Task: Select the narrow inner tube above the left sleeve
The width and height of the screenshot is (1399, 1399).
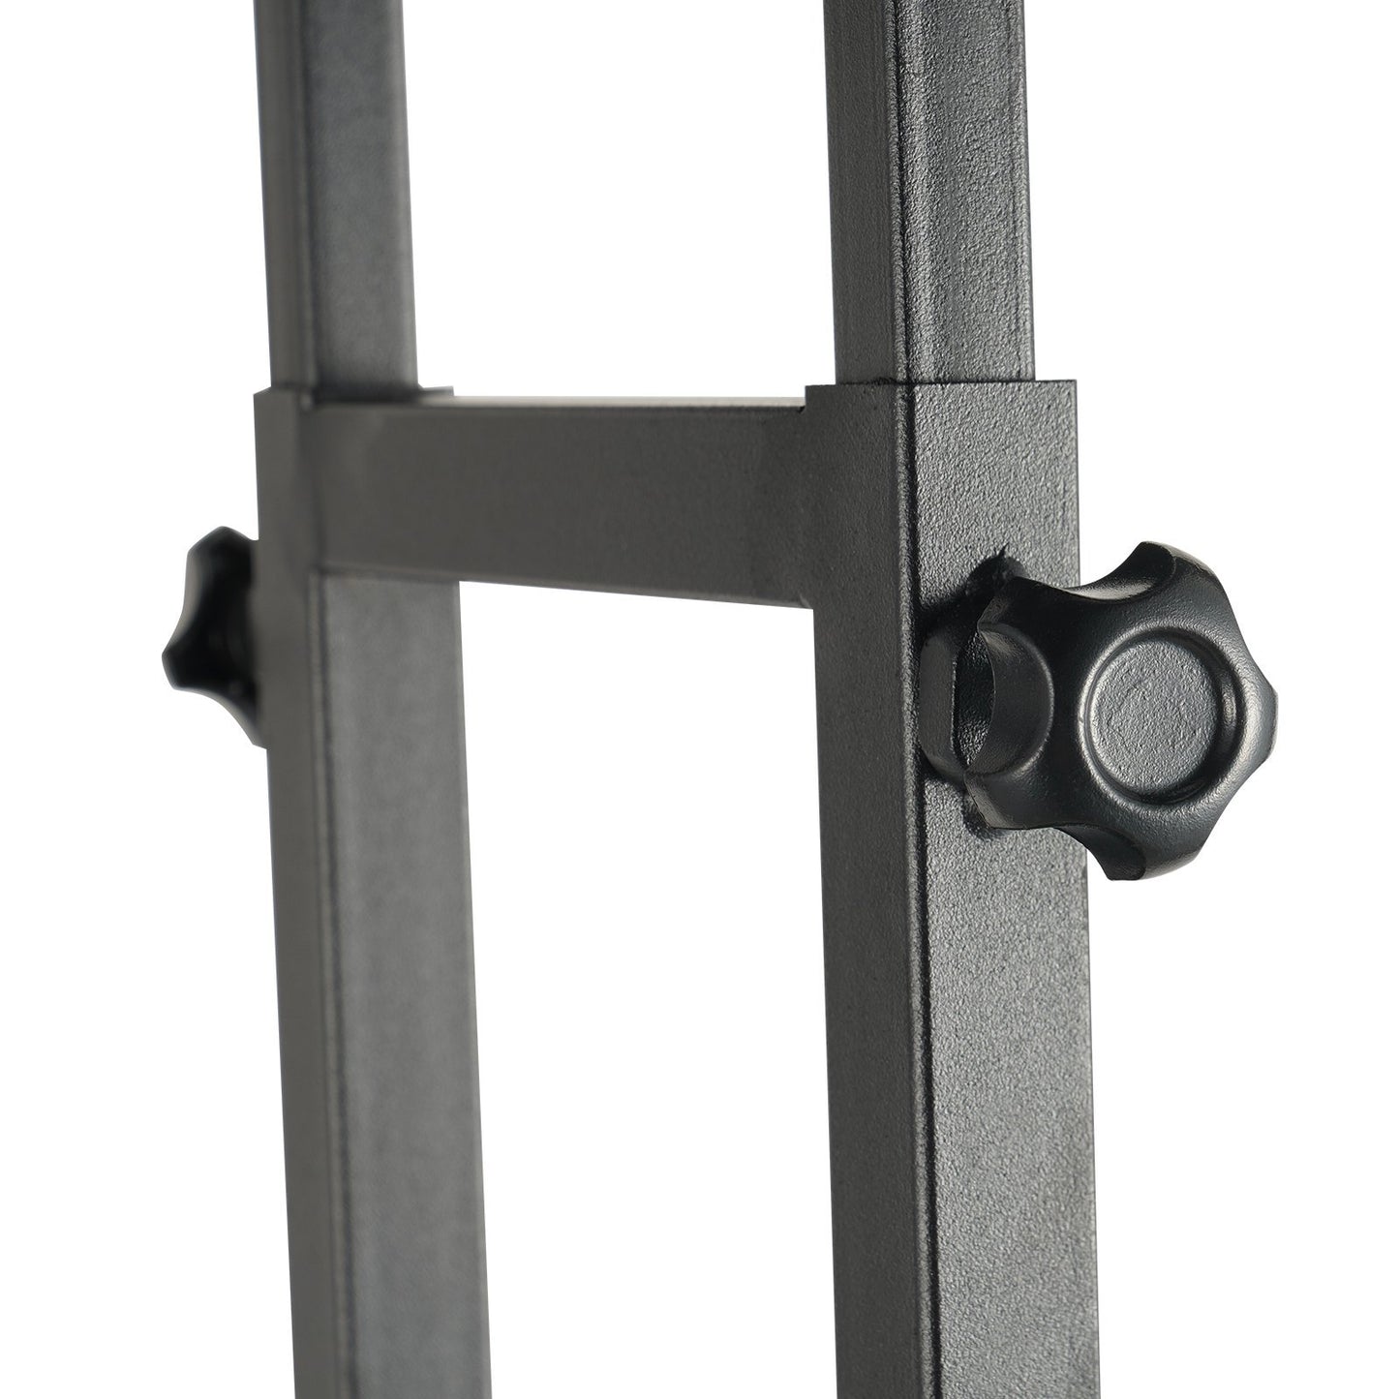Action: point(349,194)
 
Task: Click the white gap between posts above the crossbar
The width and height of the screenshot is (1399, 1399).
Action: point(620,194)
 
